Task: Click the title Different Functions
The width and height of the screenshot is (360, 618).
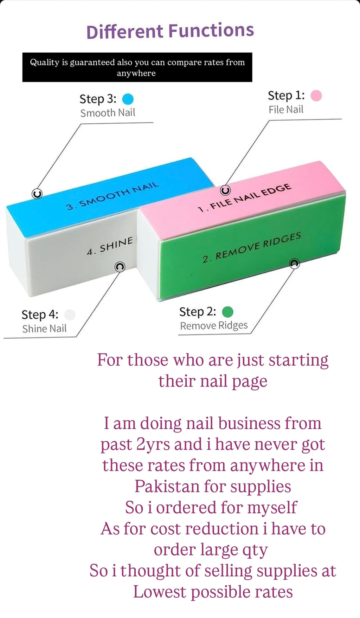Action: click(170, 31)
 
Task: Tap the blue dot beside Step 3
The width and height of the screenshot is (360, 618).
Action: click(128, 99)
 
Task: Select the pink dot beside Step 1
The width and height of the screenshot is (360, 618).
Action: click(316, 96)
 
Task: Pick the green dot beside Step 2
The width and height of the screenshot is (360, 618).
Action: click(228, 312)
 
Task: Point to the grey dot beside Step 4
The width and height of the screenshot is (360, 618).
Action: click(70, 314)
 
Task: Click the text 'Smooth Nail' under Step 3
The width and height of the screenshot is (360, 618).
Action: click(108, 113)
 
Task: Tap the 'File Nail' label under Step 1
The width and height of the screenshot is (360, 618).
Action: click(286, 110)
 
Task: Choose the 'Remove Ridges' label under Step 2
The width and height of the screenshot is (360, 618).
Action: click(214, 326)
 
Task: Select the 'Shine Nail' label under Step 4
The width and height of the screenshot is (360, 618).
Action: click(44, 328)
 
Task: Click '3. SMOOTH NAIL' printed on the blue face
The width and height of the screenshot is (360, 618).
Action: click(112, 196)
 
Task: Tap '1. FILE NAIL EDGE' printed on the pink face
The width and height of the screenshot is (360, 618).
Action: click(244, 198)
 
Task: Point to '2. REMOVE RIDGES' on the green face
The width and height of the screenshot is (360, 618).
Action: click(251, 247)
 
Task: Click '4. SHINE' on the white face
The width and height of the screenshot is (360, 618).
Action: click(110, 246)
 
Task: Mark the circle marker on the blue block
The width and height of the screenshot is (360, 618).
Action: click(37, 194)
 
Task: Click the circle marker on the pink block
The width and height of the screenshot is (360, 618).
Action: click(225, 190)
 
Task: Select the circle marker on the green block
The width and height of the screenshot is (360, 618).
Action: click(294, 264)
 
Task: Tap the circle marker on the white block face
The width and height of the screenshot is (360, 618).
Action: click(120, 267)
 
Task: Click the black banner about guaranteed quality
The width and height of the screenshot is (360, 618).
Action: click(137, 67)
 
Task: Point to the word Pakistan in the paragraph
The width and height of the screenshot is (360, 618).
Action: click(167, 487)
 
